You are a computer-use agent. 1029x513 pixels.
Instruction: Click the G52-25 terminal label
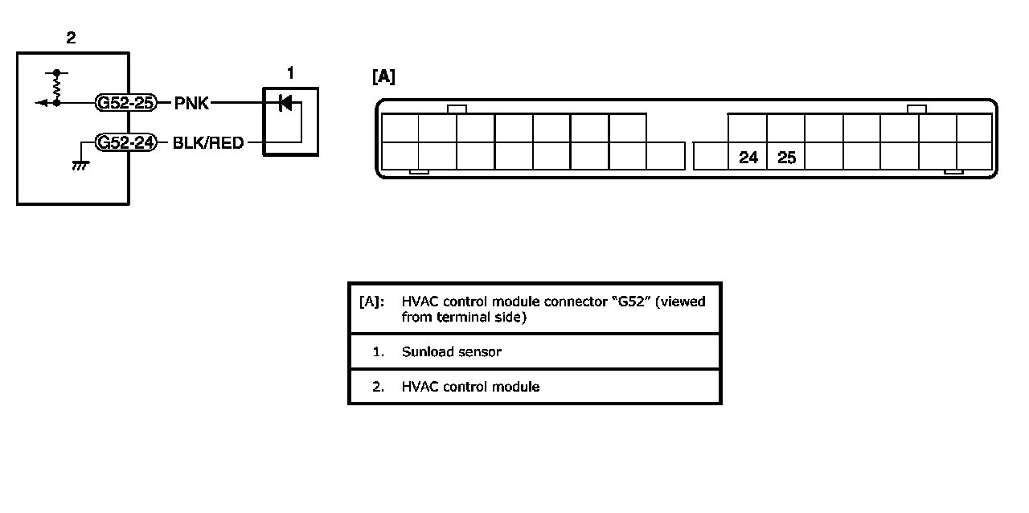[x=125, y=103]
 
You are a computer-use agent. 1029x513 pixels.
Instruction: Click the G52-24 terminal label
[x=125, y=144]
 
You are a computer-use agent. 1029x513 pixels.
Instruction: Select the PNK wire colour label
[x=191, y=103]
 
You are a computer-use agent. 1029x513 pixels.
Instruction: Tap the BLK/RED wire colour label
[x=207, y=144]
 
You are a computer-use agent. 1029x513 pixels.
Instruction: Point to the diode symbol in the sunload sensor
[x=284, y=103]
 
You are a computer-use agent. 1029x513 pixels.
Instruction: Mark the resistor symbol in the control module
[x=56, y=86]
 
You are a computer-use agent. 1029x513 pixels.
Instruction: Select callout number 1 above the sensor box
[x=290, y=73]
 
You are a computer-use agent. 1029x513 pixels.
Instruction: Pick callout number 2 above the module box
[x=71, y=38]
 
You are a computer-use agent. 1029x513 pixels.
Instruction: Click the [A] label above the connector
[x=383, y=77]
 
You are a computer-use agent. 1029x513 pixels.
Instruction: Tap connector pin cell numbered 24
[x=748, y=158]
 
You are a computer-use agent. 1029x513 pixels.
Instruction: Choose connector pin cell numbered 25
[x=787, y=158]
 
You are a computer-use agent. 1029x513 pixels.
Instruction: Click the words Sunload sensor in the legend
[x=452, y=352]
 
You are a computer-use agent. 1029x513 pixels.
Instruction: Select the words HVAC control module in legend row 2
[x=470, y=387]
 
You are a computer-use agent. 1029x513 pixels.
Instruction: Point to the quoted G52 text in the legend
[x=631, y=302]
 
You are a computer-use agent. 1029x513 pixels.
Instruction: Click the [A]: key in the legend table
[x=371, y=302]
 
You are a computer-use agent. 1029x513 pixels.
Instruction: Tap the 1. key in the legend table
[x=379, y=352]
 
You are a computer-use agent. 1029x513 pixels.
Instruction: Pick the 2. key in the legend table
[x=379, y=387]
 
